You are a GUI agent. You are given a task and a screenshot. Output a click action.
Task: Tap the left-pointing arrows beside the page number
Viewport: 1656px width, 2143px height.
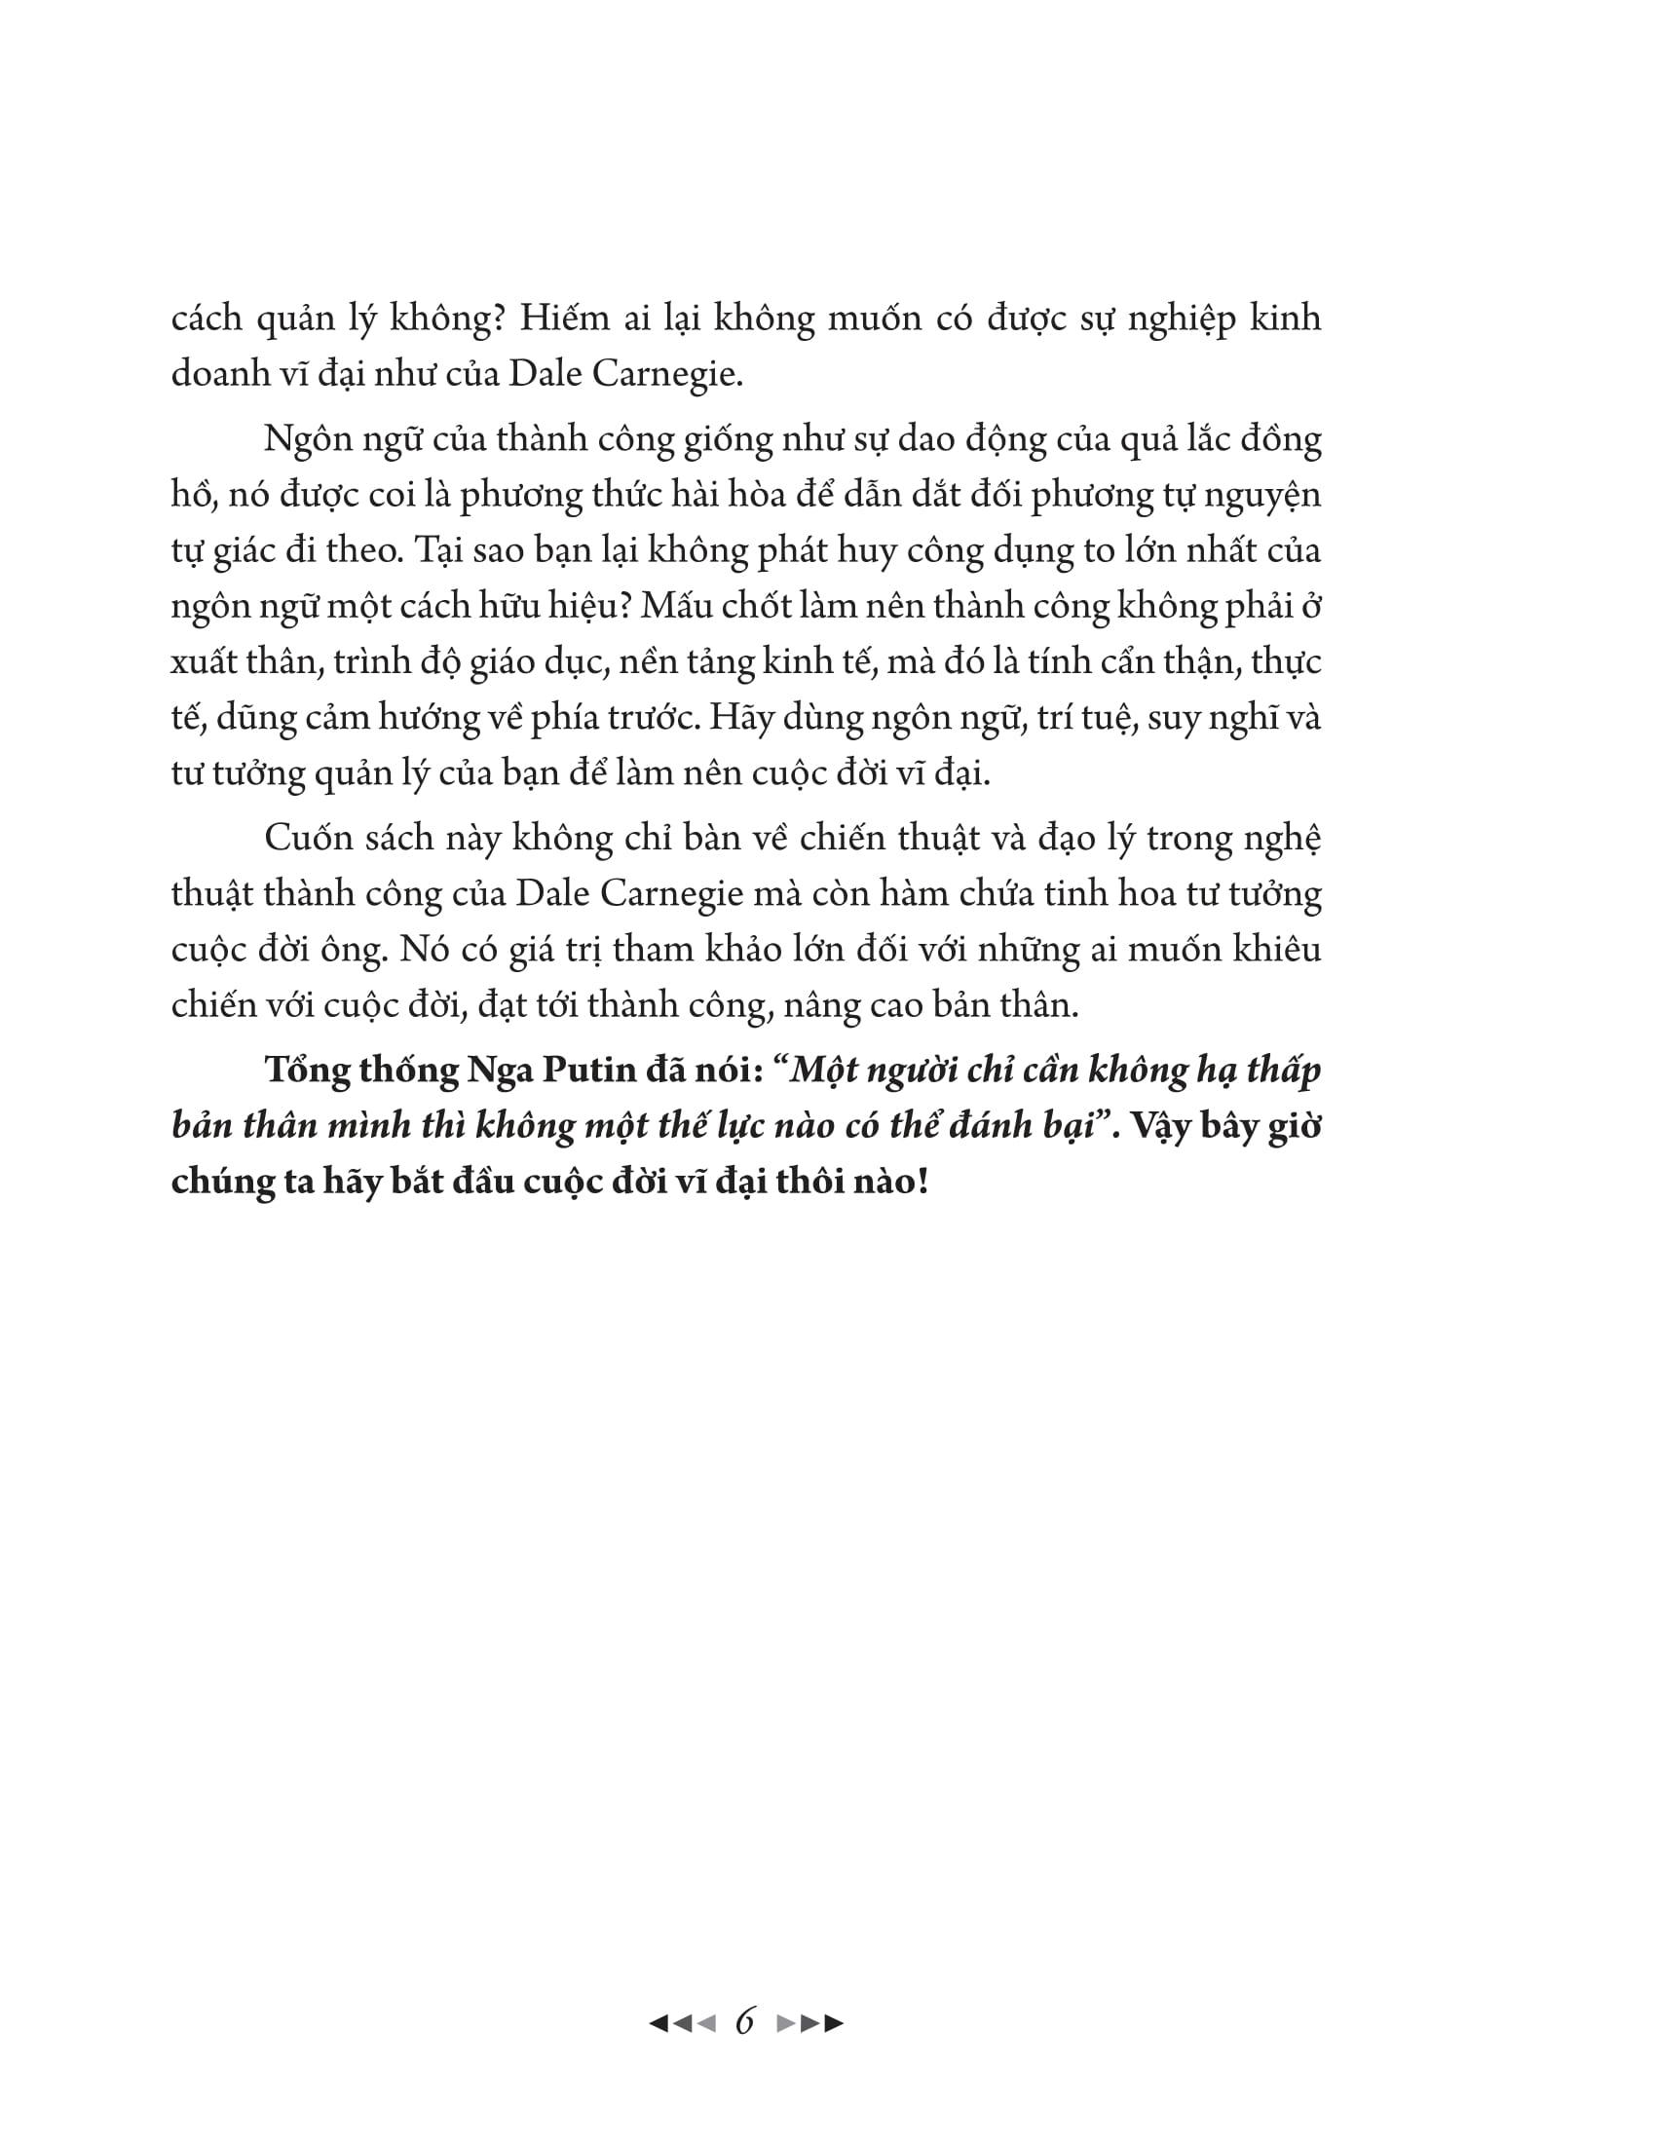(x=683, y=2022)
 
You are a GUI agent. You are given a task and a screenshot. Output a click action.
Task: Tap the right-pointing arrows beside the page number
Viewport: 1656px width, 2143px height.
(x=809, y=2022)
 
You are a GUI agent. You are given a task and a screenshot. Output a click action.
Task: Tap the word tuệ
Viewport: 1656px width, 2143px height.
(x=1105, y=718)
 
